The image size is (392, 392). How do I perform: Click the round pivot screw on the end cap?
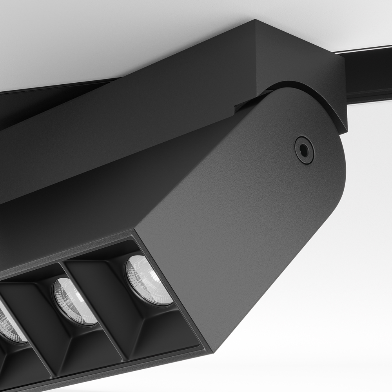pyautogui.click(x=304, y=149)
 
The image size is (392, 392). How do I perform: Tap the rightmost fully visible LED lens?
pyautogui.click(x=148, y=279)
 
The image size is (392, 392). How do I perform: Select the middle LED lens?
pyautogui.click(x=74, y=301)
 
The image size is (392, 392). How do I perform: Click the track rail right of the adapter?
pyautogui.click(x=368, y=74)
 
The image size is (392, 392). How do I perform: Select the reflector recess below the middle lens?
pyautogui.click(x=90, y=345)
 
